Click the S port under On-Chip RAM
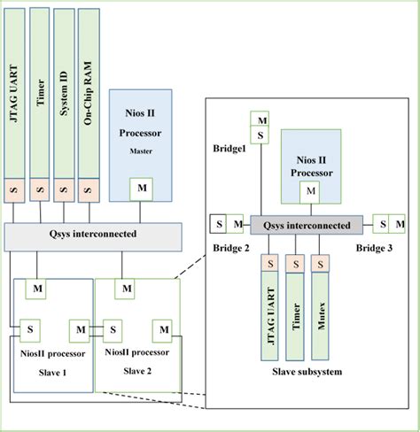[88, 190]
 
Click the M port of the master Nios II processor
[143, 189]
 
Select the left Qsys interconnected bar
[93, 235]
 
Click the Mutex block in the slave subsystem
[320, 310]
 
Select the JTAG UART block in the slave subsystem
[269, 310]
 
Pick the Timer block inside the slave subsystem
[295, 310]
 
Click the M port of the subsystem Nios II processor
[310, 189]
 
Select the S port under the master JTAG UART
[15, 190]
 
